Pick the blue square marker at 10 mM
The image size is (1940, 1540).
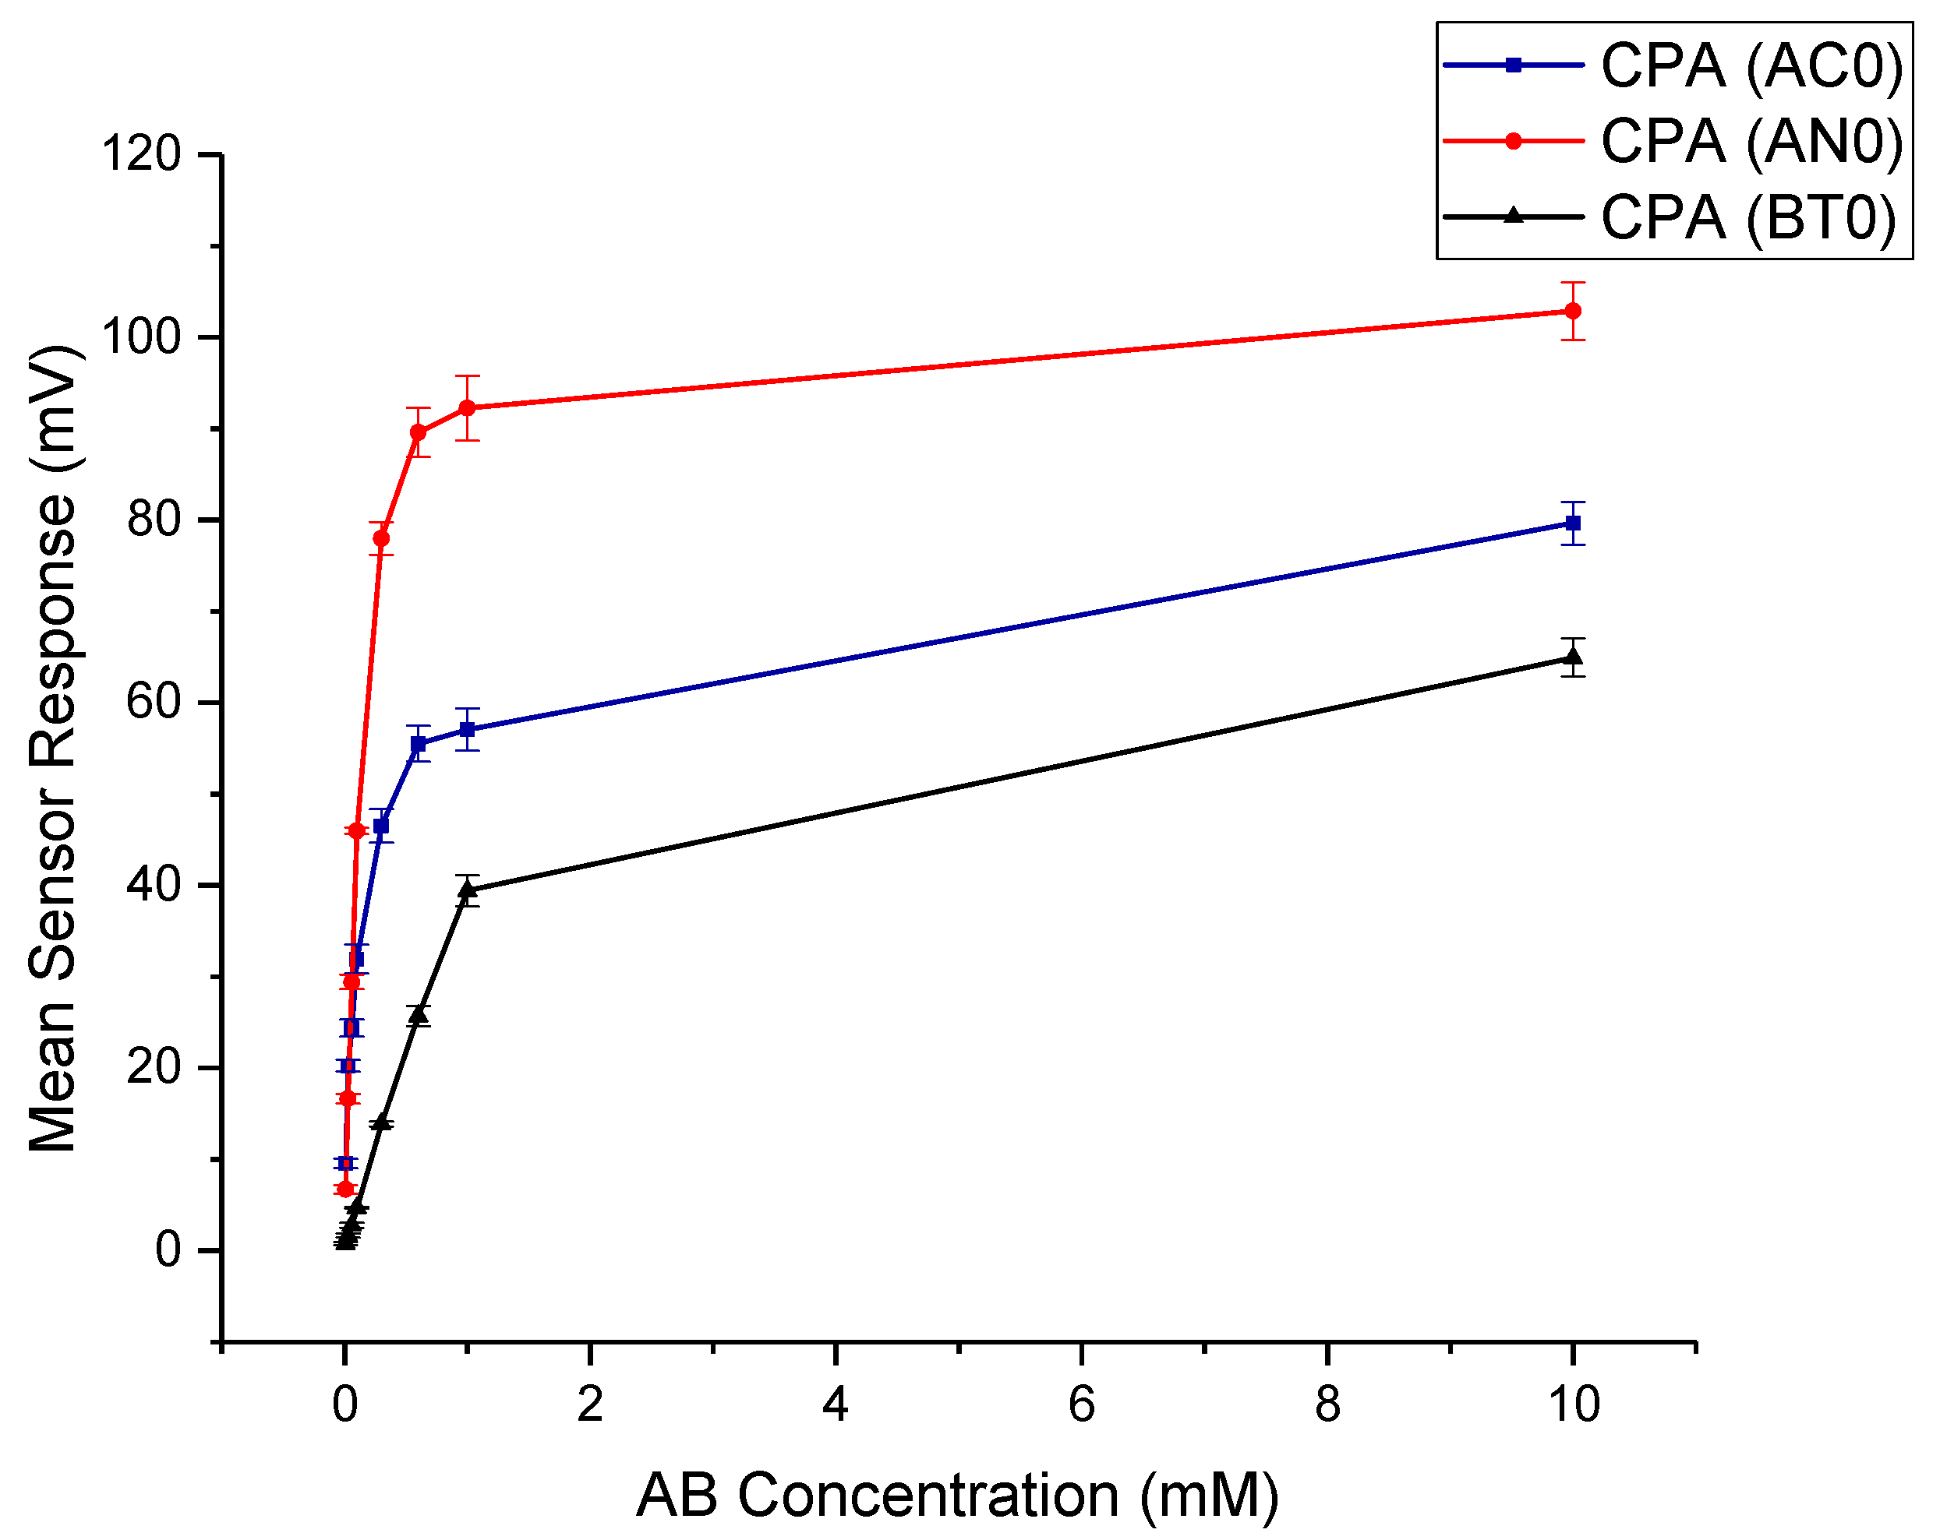click(x=1573, y=523)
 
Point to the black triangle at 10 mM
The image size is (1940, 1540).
click(x=1573, y=657)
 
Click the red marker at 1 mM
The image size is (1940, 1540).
click(x=467, y=408)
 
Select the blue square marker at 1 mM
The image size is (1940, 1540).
click(x=467, y=730)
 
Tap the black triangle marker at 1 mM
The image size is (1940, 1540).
click(x=467, y=890)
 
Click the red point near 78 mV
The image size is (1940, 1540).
click(x=381, y=539)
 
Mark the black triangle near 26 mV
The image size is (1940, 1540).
click(x=418, y=1015)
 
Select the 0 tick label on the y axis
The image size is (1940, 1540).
click(x=168, y=1250)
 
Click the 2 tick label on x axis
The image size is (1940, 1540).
click(x=589, y=1405)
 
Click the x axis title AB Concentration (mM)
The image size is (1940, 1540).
click(x=957, y=1496)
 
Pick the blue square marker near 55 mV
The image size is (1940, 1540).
click(x=419, y=744)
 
